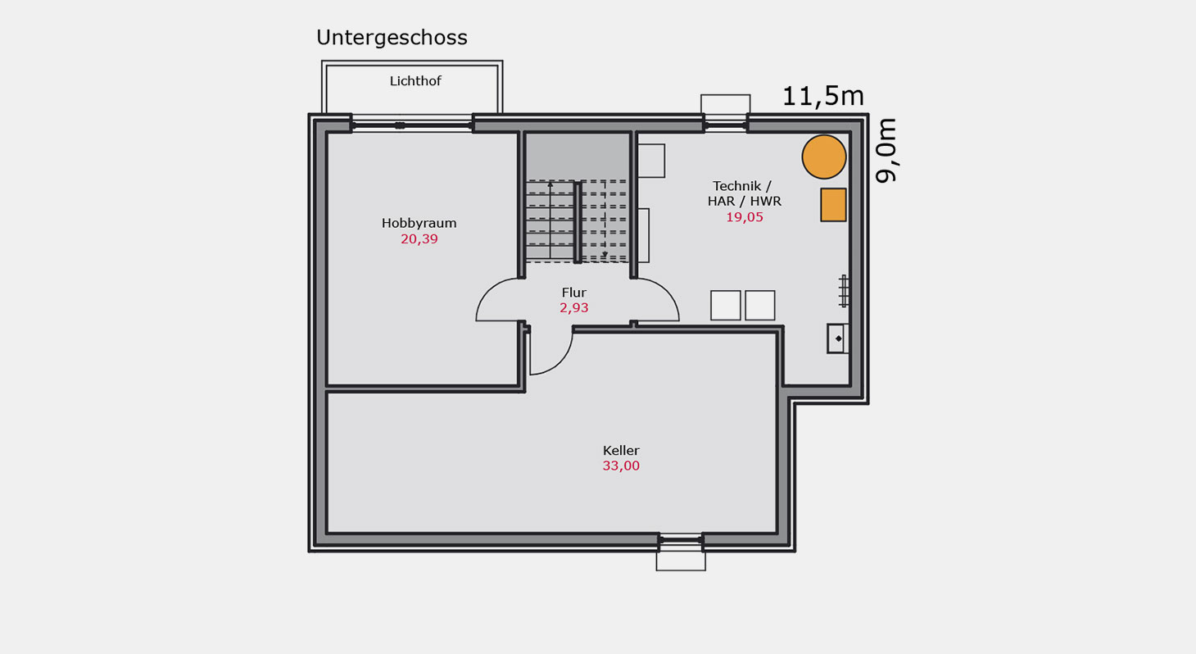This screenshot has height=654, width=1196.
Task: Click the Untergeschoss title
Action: [392, 38]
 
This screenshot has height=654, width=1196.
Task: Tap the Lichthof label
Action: [415, 80]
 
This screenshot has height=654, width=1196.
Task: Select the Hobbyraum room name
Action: [419, 224]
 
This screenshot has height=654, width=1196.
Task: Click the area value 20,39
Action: [419, 238]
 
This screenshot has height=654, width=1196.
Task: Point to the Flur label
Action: [574, 293]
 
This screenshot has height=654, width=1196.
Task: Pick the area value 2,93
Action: [574, 308]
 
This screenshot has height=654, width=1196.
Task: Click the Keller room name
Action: [621, 451]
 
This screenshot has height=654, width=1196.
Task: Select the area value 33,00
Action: [621, 466]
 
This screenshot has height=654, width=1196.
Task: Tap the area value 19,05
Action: [745, 217]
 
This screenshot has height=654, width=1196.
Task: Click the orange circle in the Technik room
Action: [824, 157]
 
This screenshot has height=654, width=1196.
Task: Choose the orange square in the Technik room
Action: [833, 205]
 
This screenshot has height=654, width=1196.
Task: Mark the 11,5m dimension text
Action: [822, 97]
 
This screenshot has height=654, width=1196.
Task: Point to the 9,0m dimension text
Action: [886, 150]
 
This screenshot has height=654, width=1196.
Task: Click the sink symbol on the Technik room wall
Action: [837, 338]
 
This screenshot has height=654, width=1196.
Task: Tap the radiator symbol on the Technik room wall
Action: [843, 291]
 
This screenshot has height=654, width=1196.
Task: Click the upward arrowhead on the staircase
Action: [550, 184]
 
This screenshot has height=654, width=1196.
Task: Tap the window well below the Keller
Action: [681, 561]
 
